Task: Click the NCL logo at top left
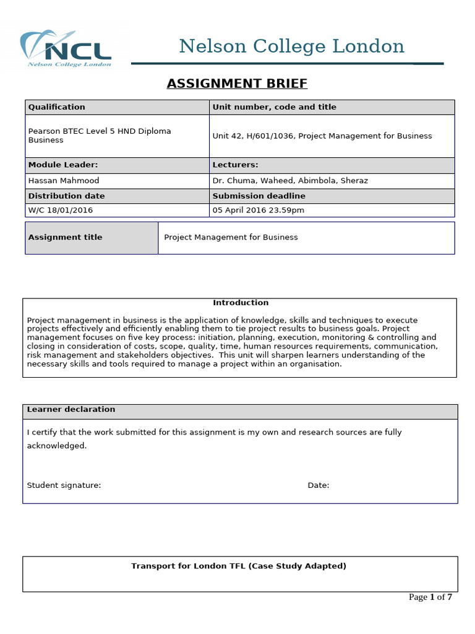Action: pos(66,48)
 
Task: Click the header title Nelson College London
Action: pos(291,46)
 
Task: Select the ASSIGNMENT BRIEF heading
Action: pos(237,84)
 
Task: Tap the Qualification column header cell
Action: pos(57,107)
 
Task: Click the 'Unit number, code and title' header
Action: pos(274,107)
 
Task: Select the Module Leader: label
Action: pos(63,165)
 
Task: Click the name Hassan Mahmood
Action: pos(64,181)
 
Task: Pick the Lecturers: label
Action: pos(235,165)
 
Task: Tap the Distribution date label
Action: pos(66,196)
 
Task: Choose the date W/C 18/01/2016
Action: pos(61,211)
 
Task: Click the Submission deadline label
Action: pos(259,196)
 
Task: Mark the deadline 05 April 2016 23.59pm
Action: pos(258,211)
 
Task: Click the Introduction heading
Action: pos(241,303)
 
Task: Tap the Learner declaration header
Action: pos(71,410)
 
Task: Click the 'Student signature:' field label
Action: pos(64,485)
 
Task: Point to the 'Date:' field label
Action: pos(319,485)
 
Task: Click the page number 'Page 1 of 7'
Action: pos(430,597)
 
